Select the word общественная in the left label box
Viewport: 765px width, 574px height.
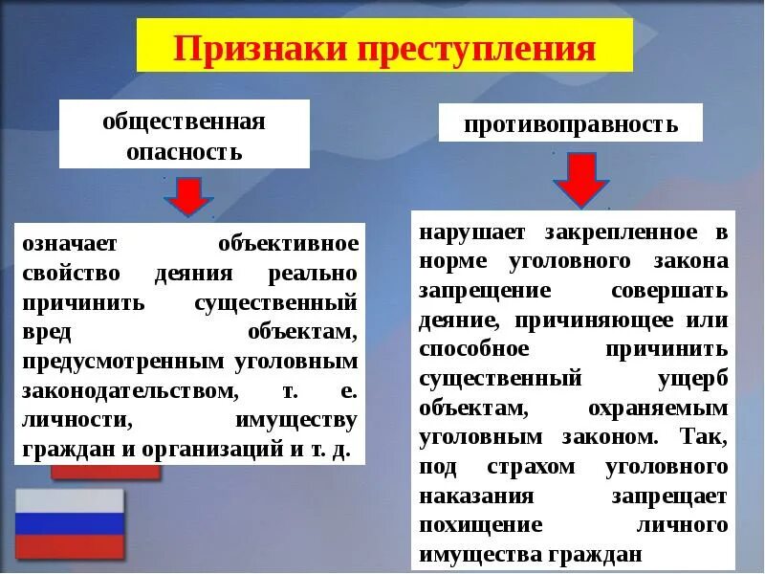pyautogui.click(x=184, y=121)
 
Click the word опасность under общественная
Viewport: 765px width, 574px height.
pyautogui.click(x=184, y=151)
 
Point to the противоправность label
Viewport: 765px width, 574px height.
pyautogui.click(x=571, y=124)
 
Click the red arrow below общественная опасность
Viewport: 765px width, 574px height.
pyautogui.click(x=188, y=195)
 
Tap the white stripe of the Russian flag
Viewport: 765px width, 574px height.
pyautogui.click(x=70, y=499)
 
